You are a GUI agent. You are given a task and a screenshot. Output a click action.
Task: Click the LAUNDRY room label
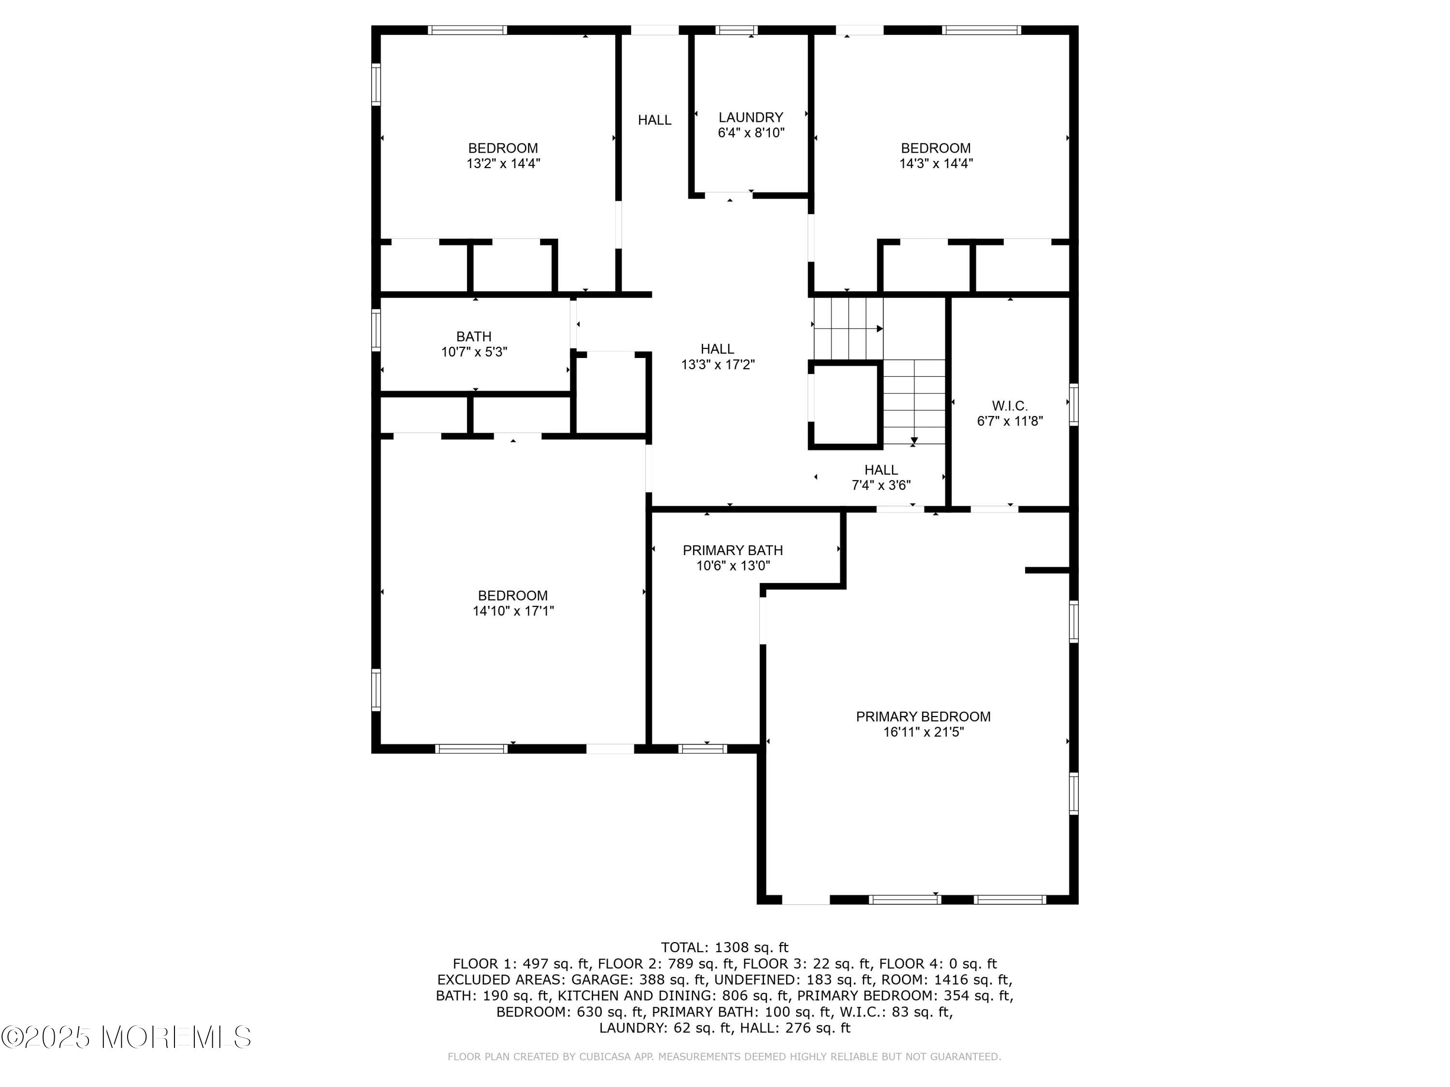click(x=751, y=117)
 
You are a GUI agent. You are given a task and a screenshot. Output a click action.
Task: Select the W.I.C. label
click(x=1010, y=406)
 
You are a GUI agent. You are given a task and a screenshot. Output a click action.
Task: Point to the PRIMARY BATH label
click(x=732, y=550)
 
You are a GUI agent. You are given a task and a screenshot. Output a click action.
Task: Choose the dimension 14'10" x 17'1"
click(x=513, y=611)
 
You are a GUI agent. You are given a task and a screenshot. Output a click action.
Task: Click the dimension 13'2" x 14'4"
click(x=503, y=164)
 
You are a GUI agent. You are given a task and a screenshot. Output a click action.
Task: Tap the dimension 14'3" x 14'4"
click(x=935, y=164)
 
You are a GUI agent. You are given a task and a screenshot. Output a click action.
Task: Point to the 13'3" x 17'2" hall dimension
click(x=717, y=365)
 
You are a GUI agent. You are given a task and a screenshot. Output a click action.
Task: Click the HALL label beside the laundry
click(x=654, y=120)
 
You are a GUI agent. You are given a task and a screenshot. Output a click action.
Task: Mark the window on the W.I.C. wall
click(x=1073, y=404)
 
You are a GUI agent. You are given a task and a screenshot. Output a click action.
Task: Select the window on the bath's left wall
click(x=376, y=329)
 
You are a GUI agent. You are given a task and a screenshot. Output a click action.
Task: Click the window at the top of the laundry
click(x=736, y=30)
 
